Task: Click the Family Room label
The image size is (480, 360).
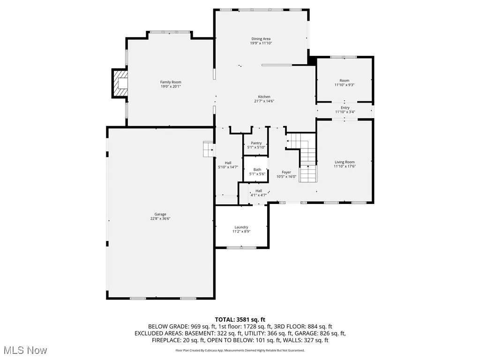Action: (171, 82)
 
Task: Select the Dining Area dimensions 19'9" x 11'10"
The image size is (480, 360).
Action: (261, 43)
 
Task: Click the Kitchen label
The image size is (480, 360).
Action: (264, 97)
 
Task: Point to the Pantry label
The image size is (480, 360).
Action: (256, 143)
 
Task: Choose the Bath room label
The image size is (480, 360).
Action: (257, 170)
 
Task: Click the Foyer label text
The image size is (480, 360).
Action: (286, 172)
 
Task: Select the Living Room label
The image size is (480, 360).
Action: (345, 162)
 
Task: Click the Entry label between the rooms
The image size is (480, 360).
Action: (345, 108)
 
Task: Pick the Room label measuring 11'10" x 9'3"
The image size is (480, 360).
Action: (345, 81)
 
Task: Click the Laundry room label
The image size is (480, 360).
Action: (241, 227)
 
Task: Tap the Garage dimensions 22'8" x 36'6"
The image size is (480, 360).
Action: (161, 218)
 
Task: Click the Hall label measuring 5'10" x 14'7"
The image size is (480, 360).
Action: (228, 163)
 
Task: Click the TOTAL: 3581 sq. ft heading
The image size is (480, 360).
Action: (240, 320)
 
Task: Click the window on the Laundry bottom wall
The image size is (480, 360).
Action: (241, 247)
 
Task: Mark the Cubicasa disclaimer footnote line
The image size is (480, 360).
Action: (240, 350)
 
